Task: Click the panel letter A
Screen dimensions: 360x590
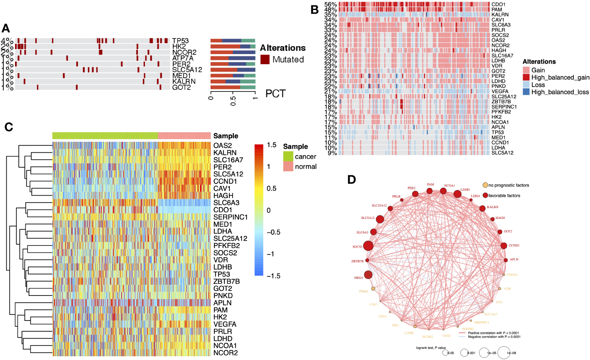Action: pyautogui.click(x=6, y=28)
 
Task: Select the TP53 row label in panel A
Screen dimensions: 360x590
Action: pyautogui.click(x=180, y=41)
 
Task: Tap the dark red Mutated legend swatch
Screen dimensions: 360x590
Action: pyautogui.click(x=265, y=60)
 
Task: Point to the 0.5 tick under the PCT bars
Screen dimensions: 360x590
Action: pyautogui.click(x=233, y=101)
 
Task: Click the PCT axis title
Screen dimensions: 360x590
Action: pyautogui.click(x=276, y=94)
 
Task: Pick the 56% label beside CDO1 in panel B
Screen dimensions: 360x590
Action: pyautogui.click(x=331, y=4)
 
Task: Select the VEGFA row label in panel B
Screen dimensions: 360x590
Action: pyautogui.click(x=500, y=92)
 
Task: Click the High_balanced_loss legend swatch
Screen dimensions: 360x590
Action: pyautogui.click(x=526, y=92)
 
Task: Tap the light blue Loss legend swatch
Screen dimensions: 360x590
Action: pyautogui.click(x=526, y=85)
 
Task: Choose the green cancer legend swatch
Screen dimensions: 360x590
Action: pyautogui.click(x=288, y=156)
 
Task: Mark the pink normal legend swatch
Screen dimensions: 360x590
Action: pyautogui.click(x=288, y=166)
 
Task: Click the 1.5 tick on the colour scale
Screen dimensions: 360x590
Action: pyautogui.click(x=271, y=145)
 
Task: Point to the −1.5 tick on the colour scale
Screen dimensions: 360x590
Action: pyautogui.click(x=271, y=276)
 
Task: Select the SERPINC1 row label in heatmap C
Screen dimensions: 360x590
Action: pyautogui.click(x=230, y=217)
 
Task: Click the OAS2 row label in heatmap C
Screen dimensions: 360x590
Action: pyautogui.click(x=222, y=146)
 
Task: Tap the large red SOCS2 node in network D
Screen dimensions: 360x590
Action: pyautogui.click(x=368, y=246)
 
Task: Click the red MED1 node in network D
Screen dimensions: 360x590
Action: pyautogui.click(x=368, y=275)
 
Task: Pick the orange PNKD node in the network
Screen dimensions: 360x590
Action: pyautogui.click(x=373, y=289)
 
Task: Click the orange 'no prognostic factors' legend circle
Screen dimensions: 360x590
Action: pyautogui.click(x=485, y=185)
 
